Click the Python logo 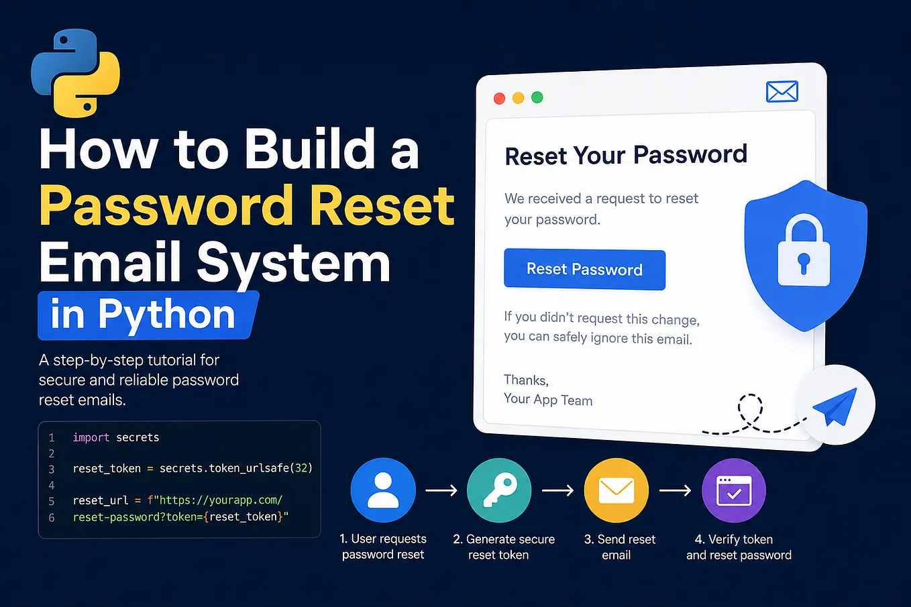[x=76, y=73]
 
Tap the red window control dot [x=499, y=99]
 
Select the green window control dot [x=537, y=97]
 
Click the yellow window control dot [x=518, y=98]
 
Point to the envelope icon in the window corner [x=782, y=91]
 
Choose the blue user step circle [x=383, y=490]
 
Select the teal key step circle [x=499, y=490]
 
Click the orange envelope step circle [x=617, y=490]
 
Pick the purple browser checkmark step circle [x=734, y=490]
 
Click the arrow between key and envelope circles [x=558, y=491]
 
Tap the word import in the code [x=91, y=437]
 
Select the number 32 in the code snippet [x=301, y=468]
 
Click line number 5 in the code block [x=52, y=501]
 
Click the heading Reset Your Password [x=626, y=155]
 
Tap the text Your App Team [x=548, y=399]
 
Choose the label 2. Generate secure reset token [x=504, y=547]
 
